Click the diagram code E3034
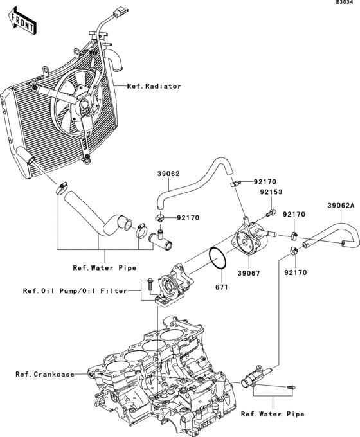pyautogui.click(x=344, y=4)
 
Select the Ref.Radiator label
pyautogui.click(x=154, y=86)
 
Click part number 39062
pyautogui.click(x=168, y=173)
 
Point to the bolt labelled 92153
pyautogui.click(x=272, y=211)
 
